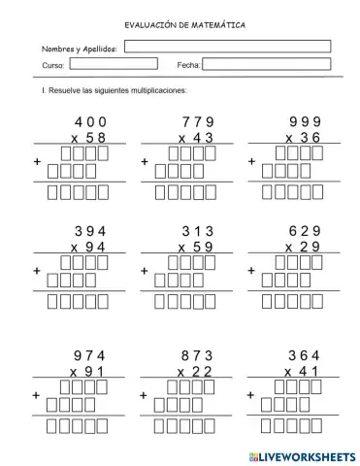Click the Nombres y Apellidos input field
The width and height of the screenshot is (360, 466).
point(227,46)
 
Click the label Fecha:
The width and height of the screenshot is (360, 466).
point(188,65)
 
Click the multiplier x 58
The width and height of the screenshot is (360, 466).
point(88,138)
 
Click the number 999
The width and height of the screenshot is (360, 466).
point(306,121)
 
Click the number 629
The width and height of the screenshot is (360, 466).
point(306,231)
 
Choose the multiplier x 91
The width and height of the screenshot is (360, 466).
point(88,372)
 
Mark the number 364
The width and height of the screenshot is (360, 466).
point(306,355)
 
